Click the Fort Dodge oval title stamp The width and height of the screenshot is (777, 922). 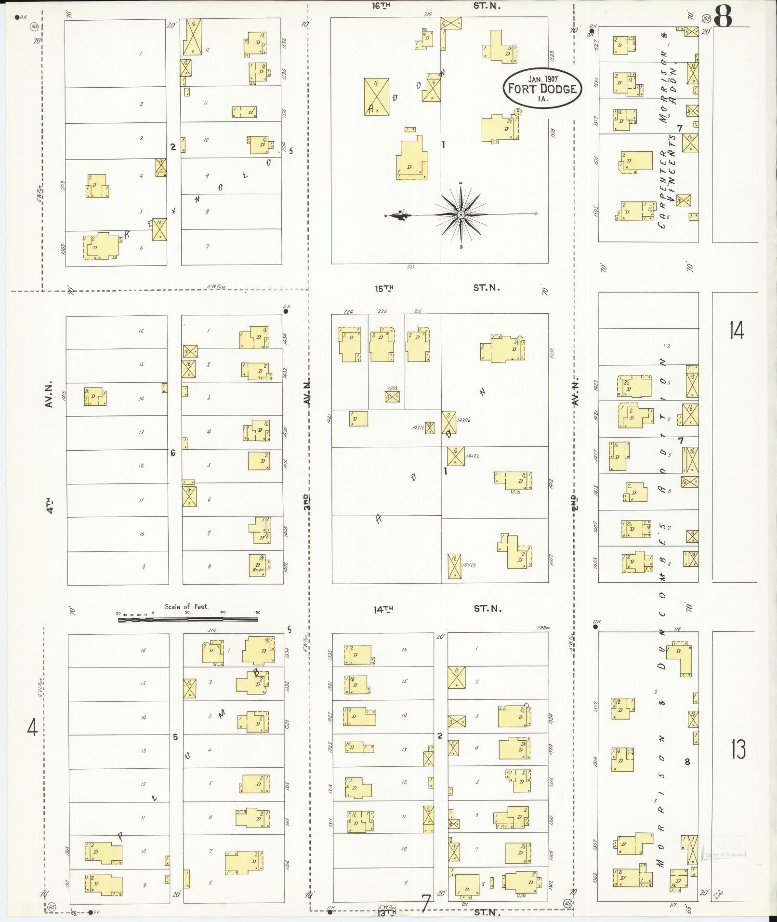(542, 89)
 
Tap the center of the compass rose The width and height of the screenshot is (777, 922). (461, 214)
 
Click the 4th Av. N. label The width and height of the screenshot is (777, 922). (50, 448)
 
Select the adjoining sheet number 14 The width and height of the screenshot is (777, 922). (736, 331)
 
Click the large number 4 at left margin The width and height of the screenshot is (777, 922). (32, 727)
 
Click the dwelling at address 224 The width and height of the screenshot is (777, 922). (349, 344)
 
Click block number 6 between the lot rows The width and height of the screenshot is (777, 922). (172, 453)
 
